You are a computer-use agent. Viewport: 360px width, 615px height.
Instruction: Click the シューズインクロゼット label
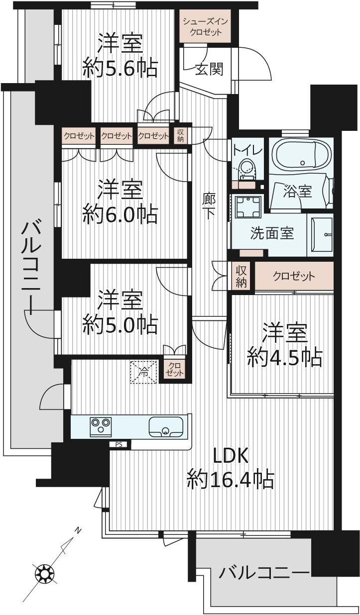tap(205, 27)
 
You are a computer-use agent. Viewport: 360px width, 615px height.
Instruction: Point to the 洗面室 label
tap(272, 233)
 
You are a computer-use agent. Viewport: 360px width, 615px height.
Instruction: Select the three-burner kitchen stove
tap(101, 427)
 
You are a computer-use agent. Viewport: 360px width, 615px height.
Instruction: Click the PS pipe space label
tap(119, 444)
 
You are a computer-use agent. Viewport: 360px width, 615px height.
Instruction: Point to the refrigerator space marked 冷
tap(143, 372)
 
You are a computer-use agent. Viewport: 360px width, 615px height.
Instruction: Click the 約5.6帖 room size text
tap(120, 68)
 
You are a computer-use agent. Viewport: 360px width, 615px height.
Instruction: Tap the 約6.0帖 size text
tap(120, 213)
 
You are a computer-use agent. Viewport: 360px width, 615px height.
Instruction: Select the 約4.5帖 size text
tap(285, 357)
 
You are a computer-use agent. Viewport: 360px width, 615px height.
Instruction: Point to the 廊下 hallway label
tap(209, 206)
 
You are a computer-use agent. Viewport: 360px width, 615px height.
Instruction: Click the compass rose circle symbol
tap(44, 574)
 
